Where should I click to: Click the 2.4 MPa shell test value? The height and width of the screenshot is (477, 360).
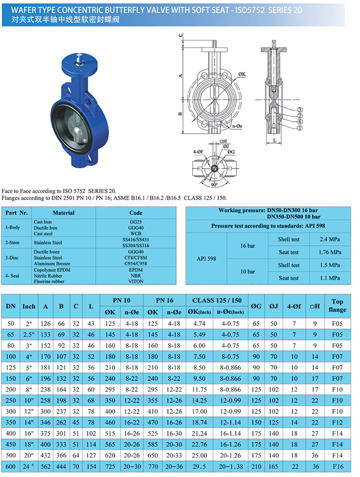click(330, 238)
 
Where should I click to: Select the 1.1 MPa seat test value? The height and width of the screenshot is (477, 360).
click(330, 278)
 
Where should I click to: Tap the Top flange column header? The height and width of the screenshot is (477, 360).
click(338, 305)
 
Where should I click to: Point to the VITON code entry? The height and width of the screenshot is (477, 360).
click(136, 281)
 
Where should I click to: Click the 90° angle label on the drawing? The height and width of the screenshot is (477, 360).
click(217, 184)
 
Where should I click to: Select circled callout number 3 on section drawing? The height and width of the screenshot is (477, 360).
click(299, 110)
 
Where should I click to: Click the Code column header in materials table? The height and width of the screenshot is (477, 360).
click(136, 213)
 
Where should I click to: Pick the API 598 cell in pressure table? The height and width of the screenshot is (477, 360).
click(208, 259)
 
